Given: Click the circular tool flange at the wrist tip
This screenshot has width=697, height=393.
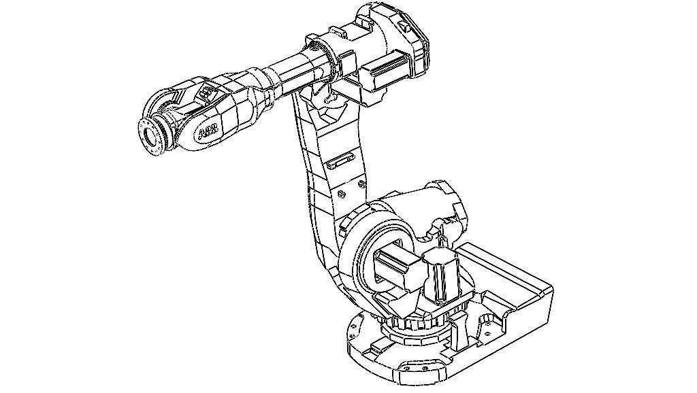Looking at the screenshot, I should pos(151,132).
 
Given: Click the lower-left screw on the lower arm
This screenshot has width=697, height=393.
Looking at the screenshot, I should pos(341,196).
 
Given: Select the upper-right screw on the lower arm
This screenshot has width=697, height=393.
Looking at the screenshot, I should pos(361,184).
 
